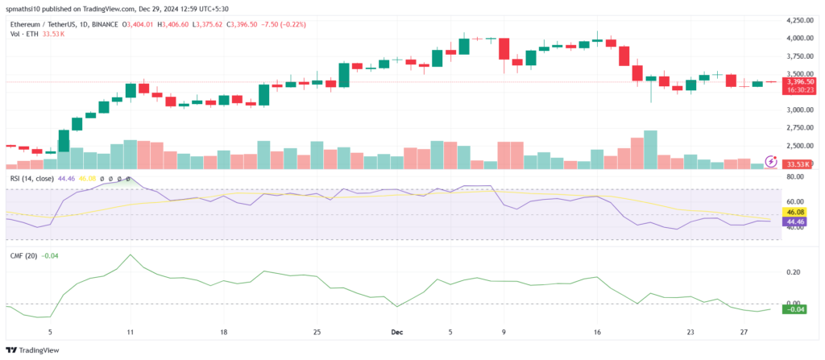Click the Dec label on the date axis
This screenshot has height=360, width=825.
click(x=396, y=331)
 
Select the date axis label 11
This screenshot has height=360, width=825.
click(x=130, y=331)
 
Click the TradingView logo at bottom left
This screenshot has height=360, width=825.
click(x=29, y=350)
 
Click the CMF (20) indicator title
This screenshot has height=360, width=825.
click(x=24, y=255)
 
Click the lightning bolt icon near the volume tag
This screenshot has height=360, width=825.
click(x=771, y=161)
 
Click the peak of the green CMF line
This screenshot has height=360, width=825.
click(x=130, y=255)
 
